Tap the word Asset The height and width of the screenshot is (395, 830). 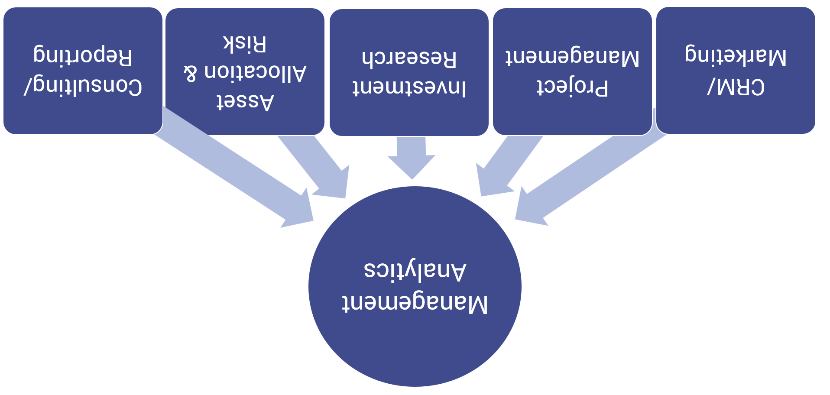tap(245, 101)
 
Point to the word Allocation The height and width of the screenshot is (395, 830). tap(256, 72)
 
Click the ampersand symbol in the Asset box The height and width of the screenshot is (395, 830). tap(191, 73)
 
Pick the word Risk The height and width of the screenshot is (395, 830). tap(245, 43)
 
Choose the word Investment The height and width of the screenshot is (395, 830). tap(409, 87)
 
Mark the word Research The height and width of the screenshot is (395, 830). tap(409, 58)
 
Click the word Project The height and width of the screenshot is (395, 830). tap(572, 87)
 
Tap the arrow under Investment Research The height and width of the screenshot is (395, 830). tap(412, 158)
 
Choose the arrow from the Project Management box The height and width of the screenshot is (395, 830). tap(507, 167)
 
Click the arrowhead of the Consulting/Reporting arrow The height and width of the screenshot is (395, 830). tap(299, 210)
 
